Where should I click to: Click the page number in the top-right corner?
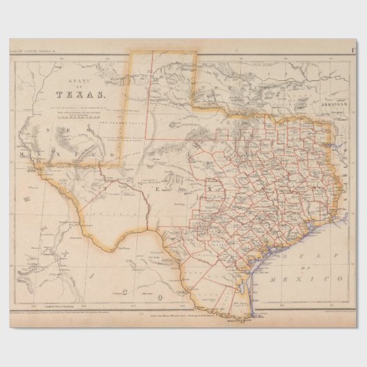(x=354, y=48)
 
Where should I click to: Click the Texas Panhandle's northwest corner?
(x=132, y=51)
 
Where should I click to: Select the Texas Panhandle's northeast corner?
(x=196, y=51)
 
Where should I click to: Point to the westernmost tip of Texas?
(x=39, y=166)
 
